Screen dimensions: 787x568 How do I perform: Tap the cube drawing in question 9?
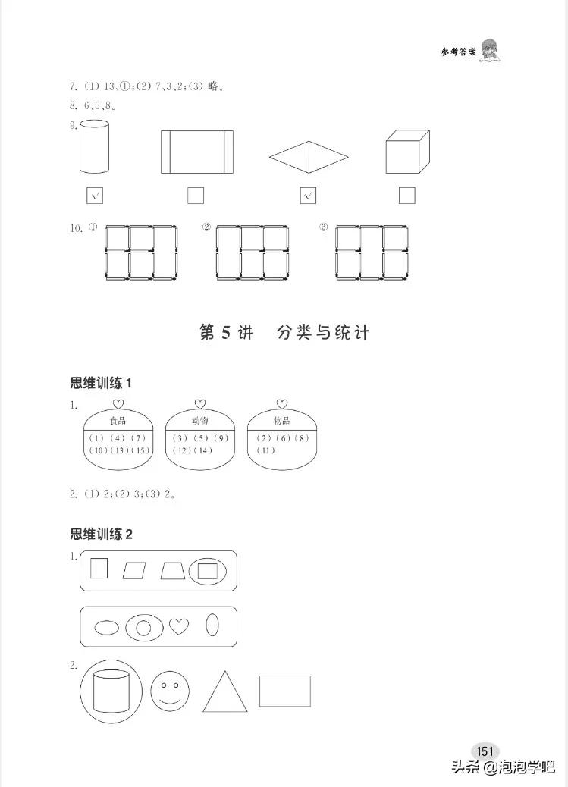tap(406, 151)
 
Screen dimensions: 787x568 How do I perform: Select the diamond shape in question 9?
tap(308, 158)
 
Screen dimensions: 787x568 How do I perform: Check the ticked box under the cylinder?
tap(95, 196)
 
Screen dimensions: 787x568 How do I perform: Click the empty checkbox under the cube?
tap(406, 196)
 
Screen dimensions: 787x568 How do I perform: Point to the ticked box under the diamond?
tap(308, 196)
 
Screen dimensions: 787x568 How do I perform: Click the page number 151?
tap(485, 751)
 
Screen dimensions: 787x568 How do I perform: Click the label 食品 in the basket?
tap(118, 420)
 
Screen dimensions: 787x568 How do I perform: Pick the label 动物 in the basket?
tap(199, 420)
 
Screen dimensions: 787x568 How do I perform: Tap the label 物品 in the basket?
tap(281, 420)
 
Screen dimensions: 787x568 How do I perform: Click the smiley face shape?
tap(169, 690)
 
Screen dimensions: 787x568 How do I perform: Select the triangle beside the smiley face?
tap(225, 692)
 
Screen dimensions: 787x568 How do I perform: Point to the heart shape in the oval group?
tap(178, 626)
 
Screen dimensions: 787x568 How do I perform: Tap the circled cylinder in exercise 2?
tap(111, 691)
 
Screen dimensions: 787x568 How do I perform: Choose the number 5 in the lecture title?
tap(225, 333)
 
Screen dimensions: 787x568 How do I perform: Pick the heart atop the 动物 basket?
tap(199, 403)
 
